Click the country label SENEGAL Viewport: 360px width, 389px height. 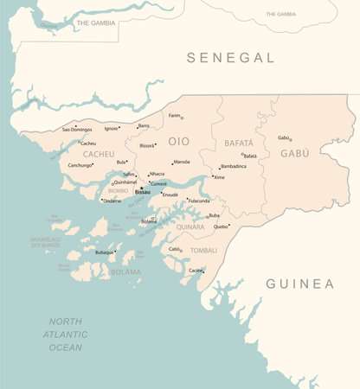coord(231,58)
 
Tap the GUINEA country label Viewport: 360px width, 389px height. coord(299,284)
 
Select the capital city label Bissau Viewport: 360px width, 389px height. coord(142,192)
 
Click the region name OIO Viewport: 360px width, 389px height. coord(178,140)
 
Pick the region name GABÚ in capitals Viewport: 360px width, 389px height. coord(294,153)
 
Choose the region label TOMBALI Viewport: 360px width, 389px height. coord(203,251)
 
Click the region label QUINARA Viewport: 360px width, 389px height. coord(190,227)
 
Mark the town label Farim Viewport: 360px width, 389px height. coord(174,115)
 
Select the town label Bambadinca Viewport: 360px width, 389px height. coord(233,166)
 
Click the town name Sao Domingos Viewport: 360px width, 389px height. coord(76,130)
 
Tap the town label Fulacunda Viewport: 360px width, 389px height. coord(198,201)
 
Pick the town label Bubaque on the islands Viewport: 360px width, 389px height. coord(103,252)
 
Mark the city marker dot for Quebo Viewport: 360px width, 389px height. coord(229,224)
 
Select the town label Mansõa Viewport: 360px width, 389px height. coord(181,162)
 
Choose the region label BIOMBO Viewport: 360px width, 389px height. coord(118,190)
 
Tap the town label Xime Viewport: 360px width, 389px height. coord(220,177)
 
